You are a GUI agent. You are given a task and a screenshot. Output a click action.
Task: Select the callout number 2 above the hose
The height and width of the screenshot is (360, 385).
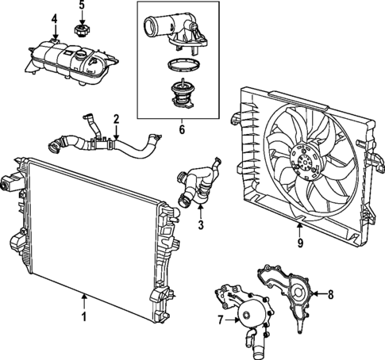(x=116, y=121)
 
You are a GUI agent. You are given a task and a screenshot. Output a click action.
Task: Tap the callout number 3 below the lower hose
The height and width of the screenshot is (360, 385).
(x=201, y=225)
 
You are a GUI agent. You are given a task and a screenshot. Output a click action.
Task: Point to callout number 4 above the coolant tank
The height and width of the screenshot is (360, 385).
(x=54, y=18)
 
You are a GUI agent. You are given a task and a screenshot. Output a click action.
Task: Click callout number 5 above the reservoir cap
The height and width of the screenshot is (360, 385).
(x=81, y=6)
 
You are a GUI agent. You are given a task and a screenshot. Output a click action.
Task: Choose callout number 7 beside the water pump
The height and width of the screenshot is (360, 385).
(x=221, y=320)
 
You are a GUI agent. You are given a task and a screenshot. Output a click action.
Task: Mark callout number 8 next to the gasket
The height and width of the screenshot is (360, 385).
(x=331, y=294)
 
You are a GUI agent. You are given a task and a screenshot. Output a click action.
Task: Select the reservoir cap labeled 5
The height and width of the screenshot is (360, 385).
(x=80, y=32)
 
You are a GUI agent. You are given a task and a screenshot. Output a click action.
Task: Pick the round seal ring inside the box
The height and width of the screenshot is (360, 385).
(x=181, y=69)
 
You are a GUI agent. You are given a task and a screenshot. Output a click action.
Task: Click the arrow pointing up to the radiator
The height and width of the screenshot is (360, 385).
(x=84, y=301)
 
